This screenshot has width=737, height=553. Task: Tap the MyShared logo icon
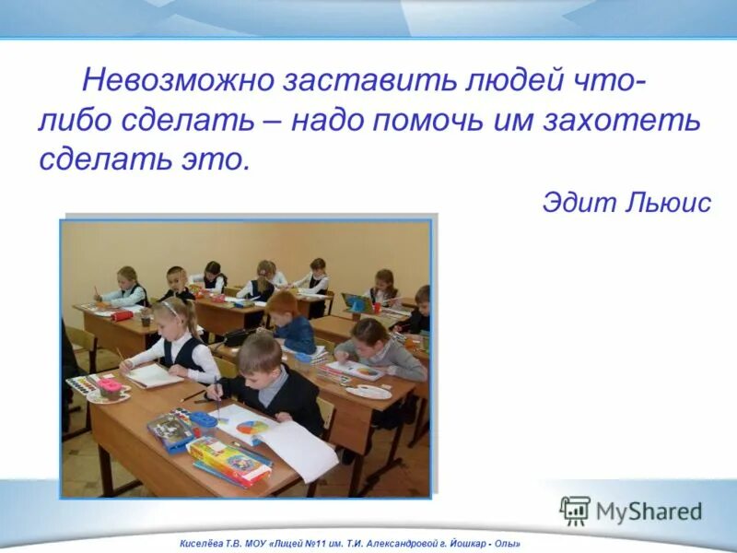click(x=575, y=511)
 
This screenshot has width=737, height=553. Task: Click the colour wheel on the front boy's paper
click(x=252, y=427)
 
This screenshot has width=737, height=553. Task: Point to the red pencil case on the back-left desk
click(x=123, y=315)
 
